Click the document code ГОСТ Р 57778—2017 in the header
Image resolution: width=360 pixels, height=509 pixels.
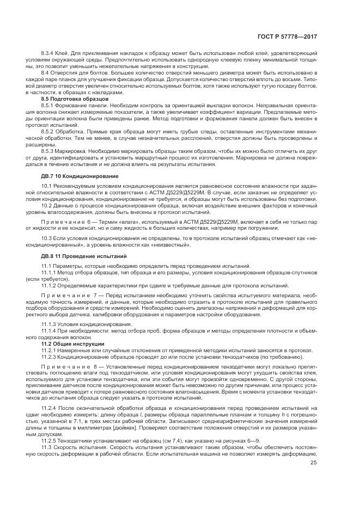(x=287, y=38)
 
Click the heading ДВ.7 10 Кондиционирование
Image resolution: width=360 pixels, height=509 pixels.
(x=80, y=176)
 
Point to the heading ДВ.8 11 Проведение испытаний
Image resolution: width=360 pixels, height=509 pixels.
(x=84, y=255)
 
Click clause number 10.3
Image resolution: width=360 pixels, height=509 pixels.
(x=46, y=239)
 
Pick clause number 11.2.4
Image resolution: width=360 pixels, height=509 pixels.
(x=49, y=408)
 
